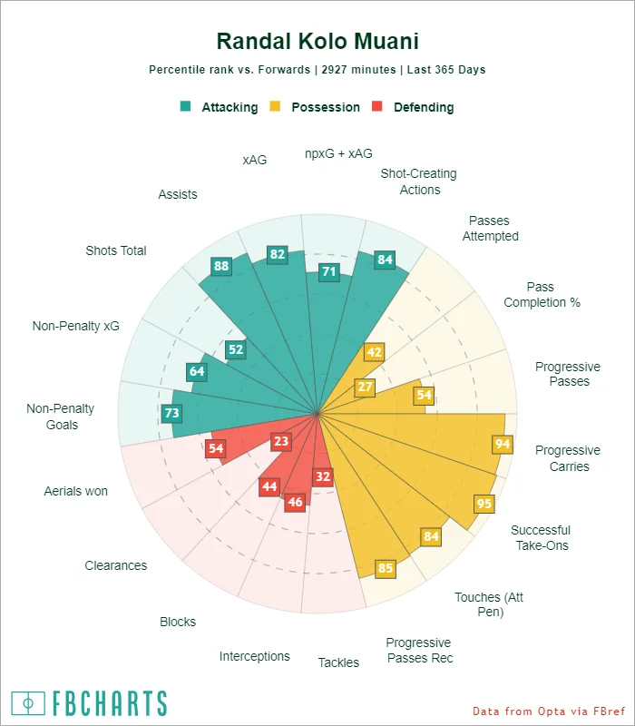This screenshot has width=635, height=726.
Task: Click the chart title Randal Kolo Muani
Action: point(317,42)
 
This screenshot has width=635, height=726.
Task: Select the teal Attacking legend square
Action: point(186,107)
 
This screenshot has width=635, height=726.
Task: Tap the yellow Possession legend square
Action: point(276,107)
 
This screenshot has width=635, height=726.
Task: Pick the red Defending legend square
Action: point(378,107)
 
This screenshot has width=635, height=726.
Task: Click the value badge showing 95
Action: point(484,504)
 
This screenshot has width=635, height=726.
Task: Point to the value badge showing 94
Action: point(502,444)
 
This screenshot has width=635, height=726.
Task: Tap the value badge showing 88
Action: point(220,266)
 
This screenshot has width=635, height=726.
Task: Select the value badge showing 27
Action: point(366,387)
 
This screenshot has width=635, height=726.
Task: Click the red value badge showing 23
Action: point(281,441)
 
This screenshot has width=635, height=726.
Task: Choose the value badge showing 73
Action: point(172,413)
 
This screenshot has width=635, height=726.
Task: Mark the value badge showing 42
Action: point(374,352)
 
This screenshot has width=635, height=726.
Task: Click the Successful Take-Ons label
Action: point(541,538)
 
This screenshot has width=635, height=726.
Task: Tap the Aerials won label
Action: point(76,491)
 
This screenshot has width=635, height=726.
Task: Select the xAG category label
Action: point(255,160)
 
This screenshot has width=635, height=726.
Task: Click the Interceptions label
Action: point(255,656)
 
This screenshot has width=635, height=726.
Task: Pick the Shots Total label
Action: point(116,250)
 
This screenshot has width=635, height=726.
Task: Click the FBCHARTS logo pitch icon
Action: point(28,703)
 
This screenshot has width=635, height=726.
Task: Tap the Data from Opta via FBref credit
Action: point(550,711)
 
